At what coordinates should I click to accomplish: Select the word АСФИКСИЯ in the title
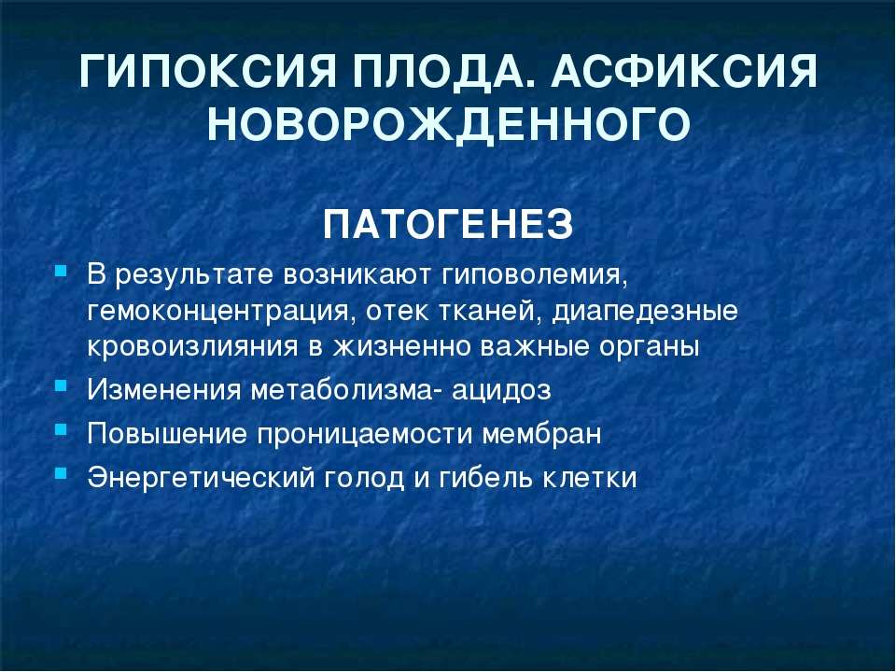coord(684,72)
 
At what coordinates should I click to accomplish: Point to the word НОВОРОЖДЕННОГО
coord(449,124)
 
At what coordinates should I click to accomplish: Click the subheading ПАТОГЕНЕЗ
coord(448,225)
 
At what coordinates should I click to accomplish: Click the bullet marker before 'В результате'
coord(61,270)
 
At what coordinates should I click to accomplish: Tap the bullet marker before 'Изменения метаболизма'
coord(61,385)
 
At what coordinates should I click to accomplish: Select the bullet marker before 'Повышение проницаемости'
coord(61,429)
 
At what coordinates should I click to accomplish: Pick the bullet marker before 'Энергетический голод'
coord(61,473)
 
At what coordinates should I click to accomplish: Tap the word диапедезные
coord(645,313)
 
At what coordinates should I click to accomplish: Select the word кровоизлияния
coord(192,347)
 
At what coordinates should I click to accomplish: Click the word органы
coord(650,348)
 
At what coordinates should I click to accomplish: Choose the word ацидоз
coord(501,390)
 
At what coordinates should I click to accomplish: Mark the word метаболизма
coord(342,390)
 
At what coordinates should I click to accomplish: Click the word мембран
coord(541,434)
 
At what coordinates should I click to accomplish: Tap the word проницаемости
coord(365,434)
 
